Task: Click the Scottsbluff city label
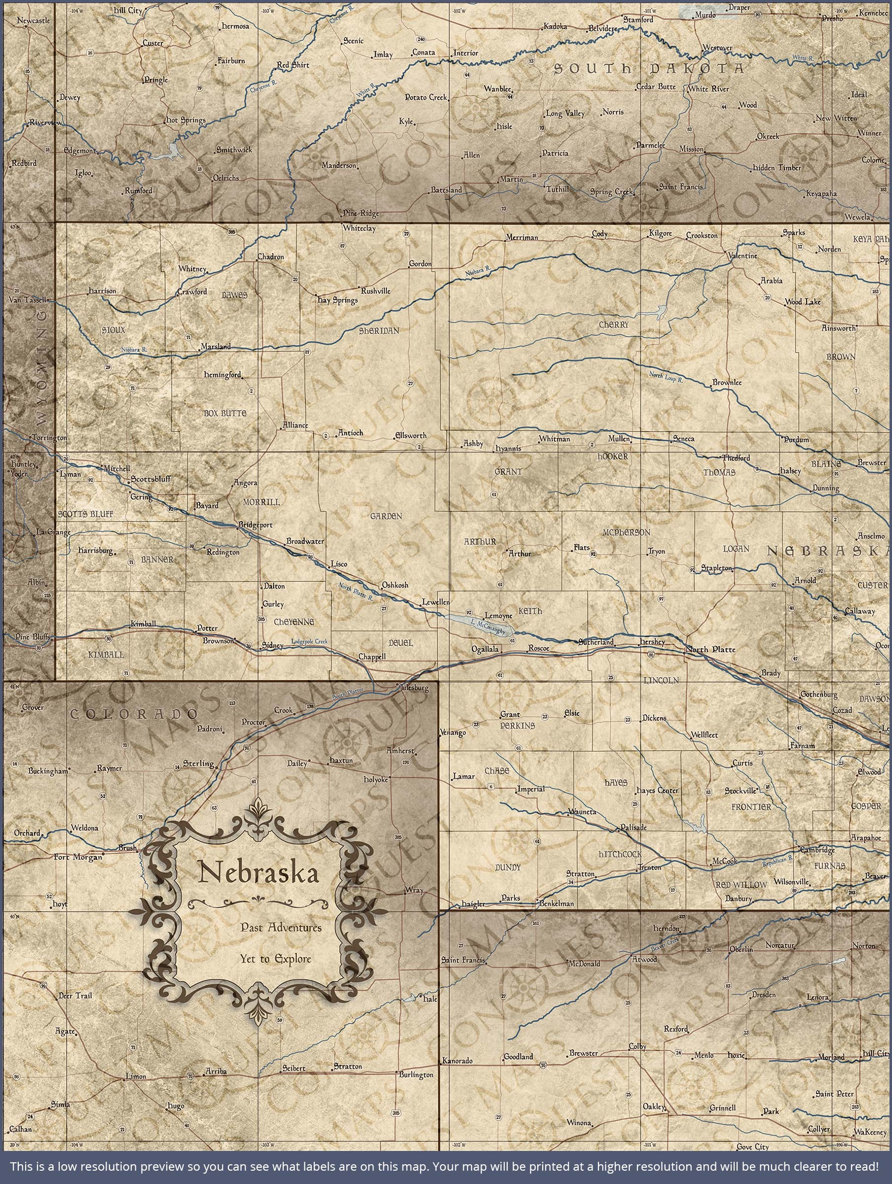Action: pos(151,479)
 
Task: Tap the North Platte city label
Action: pos(711,650)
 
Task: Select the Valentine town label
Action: pos(743,256)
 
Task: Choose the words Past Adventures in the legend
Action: pos(281,927)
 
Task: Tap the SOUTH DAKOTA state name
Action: pos(648,69)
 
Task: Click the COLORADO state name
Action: pos(134,714)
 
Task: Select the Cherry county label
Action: pos(614,325)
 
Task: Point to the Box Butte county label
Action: pos(225,413)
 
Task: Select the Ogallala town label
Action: pos(485,649)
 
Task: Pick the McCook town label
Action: pos(724,862)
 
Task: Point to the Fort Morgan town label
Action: pos(78,857)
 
